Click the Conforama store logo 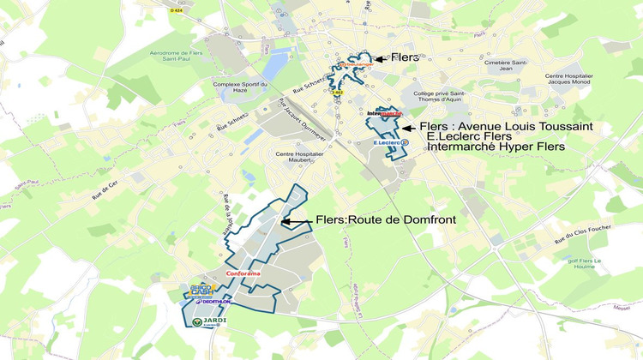pyautogui.click(x=242, y=273)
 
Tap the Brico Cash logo pyautogui.click(x=202, y=291)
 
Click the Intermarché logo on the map pyautogui.click(x=383, y=113)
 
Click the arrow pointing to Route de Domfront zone pyautogui.click(x=296, y=221)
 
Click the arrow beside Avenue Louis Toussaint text pyautogui.click(x=409, y=127)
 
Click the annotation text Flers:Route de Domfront pyautogui.click(x=385, y=220)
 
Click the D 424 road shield pyautogui.click(x=177, y=10)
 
